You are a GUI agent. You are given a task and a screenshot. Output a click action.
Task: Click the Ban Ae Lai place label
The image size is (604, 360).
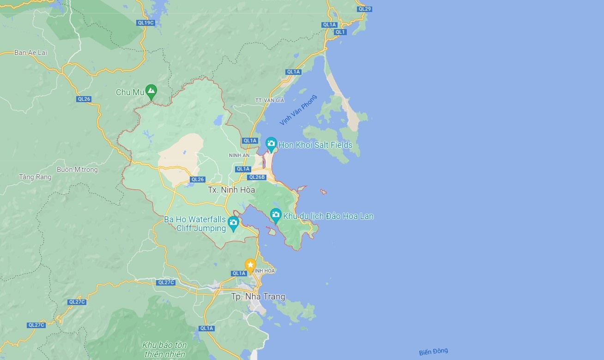pyautogui.click(x=31, y=53)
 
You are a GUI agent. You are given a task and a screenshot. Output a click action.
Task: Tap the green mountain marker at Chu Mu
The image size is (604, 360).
pyautogui.click(x=151, y=91)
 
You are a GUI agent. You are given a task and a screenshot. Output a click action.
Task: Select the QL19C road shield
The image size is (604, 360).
pyautogui.click(x=145, y=22)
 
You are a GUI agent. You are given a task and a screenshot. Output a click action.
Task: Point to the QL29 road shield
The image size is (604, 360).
pyautogui.click(x=364, y=9)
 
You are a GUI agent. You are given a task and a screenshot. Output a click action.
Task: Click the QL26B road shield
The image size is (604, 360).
pyautogui.click(x=257, y=177)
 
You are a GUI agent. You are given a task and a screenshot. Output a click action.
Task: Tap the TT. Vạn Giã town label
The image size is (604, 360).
pyautogui.click(x=270, y=100)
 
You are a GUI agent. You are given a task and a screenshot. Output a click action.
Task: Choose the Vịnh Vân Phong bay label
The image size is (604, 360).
pyautogui.click(x=298, y=110)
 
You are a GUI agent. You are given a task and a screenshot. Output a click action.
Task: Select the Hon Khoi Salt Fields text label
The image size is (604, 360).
pyautogui.click(x=315, y=145)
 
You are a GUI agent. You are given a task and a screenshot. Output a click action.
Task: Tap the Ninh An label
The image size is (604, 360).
pyautogui.click(x=239, y=155)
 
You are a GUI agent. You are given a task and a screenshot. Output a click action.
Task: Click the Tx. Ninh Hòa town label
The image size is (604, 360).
pyautogui.click(x=231, y=190)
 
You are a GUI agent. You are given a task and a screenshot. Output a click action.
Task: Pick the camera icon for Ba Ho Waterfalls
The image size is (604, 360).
pyautogui.click(x=233, y=223)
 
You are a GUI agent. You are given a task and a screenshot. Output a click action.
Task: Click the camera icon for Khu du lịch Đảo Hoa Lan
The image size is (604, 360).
pyautogui.click(x=276, y=214)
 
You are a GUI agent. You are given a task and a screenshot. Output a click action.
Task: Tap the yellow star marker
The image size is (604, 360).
pyautogui.click(x=250, y=265)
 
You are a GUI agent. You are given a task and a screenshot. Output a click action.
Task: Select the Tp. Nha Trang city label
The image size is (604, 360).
pyautogui.click(x=258, y=297)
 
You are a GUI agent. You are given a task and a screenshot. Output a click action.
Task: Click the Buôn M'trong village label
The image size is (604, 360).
pyautogui.click(x=77, y=170)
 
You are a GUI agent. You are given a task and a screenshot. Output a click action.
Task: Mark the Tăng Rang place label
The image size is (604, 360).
pyautogui.click(x=35, y=177)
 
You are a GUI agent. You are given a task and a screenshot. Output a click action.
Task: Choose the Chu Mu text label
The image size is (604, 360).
pyautogui.click(x=130, y=92)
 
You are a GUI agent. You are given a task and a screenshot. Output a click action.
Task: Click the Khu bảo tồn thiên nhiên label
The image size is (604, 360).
pyautogui.click(x=164, y=350)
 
